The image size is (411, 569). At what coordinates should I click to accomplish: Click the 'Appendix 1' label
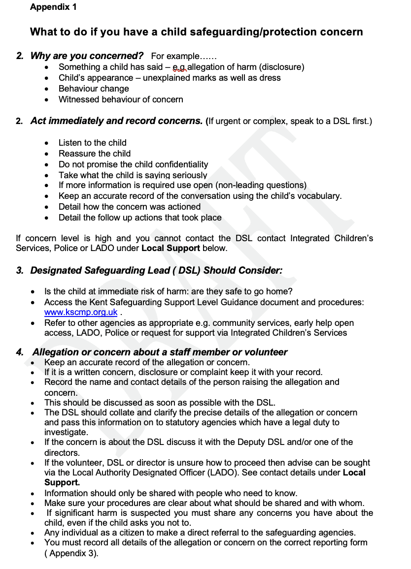click(x=53, y=7)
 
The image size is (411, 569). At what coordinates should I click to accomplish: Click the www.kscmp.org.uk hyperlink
click(x=81, y=312)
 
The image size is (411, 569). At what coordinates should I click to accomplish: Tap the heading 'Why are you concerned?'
click(x=87, y=56)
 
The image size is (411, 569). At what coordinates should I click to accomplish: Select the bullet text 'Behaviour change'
click(x=94, y=89)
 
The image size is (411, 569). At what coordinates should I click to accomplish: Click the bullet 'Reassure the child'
click(x=95, y=154)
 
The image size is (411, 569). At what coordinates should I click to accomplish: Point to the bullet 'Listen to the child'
click(x=93, y=143)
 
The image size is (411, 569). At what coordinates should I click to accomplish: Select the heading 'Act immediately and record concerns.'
click(x=116, y=121)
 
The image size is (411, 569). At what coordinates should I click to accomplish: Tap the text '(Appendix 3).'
click(x=71, y=553)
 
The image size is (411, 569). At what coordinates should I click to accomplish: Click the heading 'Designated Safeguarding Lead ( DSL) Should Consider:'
click(x=156, y=271)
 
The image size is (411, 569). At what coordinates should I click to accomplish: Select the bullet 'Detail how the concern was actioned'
click(x=130, y=207)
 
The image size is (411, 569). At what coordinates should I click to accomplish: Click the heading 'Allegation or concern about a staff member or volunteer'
click(x=160, y=352)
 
